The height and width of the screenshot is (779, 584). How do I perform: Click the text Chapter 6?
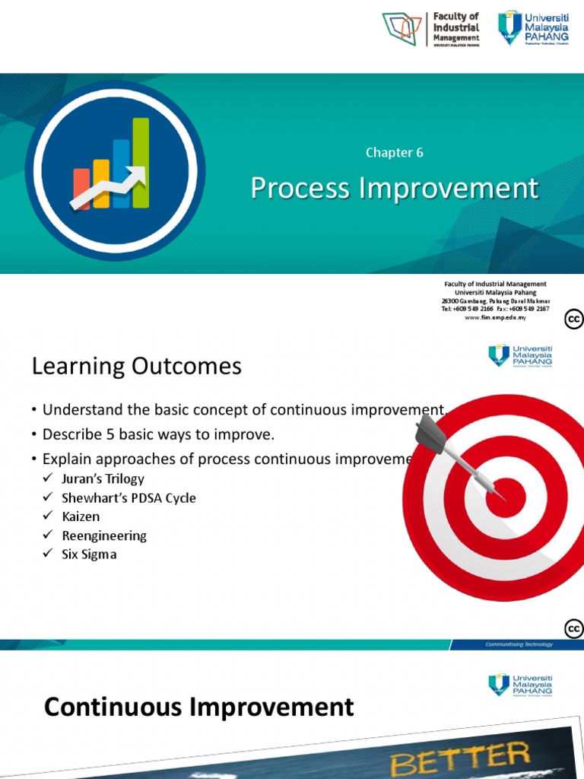tap(394, 152)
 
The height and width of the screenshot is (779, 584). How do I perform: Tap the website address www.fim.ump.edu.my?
tap(495, 317)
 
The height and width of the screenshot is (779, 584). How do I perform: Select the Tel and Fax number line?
tap(495, 309)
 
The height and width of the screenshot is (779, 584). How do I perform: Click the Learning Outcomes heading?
tap(136, 367)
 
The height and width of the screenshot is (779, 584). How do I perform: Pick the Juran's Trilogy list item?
tap(103, 479)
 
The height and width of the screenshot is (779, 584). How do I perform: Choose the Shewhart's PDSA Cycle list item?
tap(129, 498)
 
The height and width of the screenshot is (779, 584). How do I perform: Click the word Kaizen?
tap(81, 517)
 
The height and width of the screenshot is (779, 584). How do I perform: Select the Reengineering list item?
tap(104, 536)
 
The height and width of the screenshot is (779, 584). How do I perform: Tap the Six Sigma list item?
tap(89, 555)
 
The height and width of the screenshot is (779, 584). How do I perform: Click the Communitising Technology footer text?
tap(519, 644)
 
